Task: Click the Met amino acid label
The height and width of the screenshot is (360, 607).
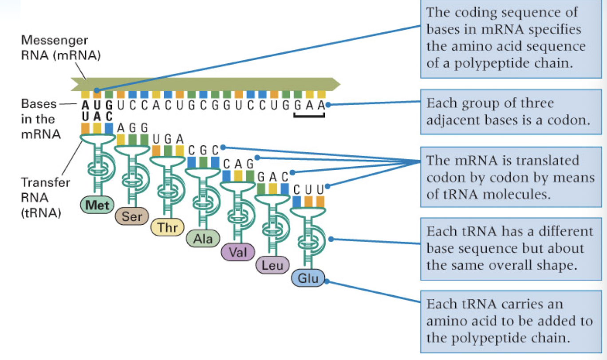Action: (97, 205)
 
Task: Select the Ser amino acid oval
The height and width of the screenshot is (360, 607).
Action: (132, 217)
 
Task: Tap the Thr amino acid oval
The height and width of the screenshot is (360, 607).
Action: (167, 227)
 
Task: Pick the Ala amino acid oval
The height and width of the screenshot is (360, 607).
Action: (203, 239)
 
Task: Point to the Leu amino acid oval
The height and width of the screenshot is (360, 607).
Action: (272, 266)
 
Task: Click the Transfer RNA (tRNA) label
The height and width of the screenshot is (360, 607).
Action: (46, 198)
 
